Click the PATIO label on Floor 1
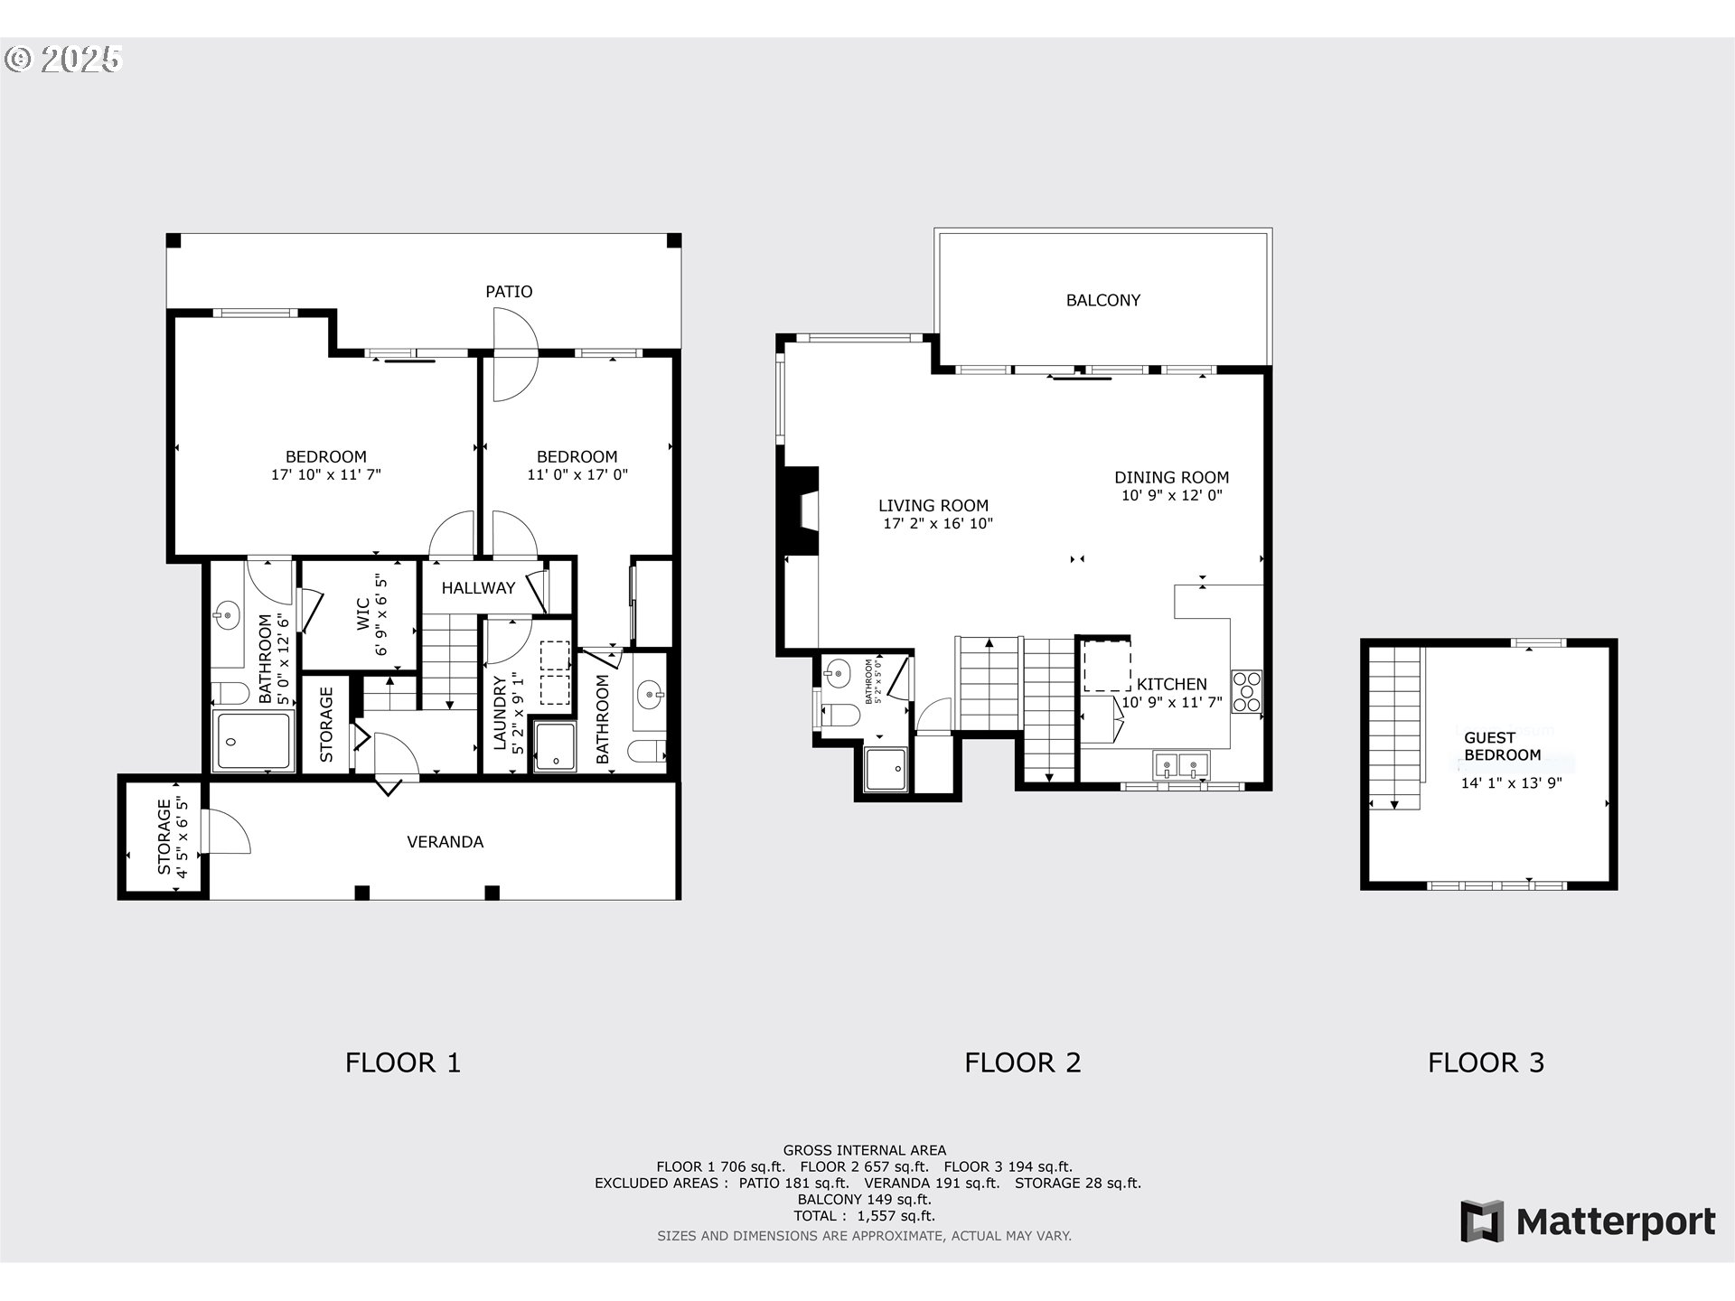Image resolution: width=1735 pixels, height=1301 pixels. [x=509, y=292]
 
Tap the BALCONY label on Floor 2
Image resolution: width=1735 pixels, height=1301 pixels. [x=1102, y=300]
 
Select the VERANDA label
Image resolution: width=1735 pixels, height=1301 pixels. [x=445, y=842]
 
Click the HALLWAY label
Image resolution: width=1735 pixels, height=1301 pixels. [x=478, y=588]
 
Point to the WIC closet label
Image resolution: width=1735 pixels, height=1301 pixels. [x=362, y=613]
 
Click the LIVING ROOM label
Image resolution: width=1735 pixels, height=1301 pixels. [x=933, y=506]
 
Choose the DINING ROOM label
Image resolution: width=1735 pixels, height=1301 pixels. [x=1171, y=478]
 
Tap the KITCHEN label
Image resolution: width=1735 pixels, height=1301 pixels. [x=1171, y=684]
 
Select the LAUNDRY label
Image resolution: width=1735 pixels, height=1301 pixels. [x=500, y=713]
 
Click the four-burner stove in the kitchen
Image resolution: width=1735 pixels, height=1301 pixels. [x=1246, y=691]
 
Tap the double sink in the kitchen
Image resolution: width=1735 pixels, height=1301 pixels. [x=1180, y=766]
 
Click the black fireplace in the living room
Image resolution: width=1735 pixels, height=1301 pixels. [x=800, y=510]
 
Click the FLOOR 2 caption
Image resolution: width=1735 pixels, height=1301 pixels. [x=1022, y=1062]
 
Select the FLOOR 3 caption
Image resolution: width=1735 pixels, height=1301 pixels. [x=1486, y=1062]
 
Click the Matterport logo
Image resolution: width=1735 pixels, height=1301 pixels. [x=1587, y=1221]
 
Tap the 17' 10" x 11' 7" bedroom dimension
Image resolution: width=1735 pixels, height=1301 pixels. [x=326, y=474]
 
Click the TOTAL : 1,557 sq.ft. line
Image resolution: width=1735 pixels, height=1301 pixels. [x=864, y=1216]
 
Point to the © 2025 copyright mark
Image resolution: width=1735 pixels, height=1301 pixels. [x=63, y=60]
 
